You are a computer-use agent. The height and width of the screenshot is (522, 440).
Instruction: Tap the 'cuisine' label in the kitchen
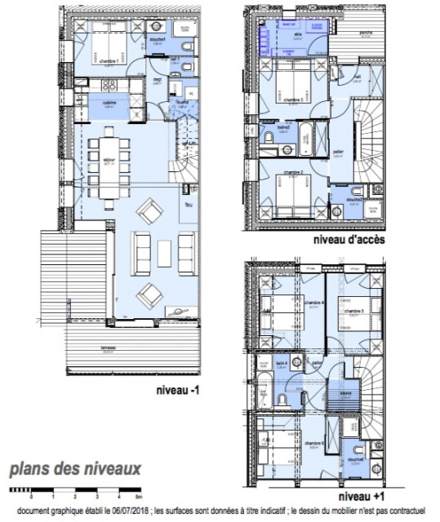click(108, 103)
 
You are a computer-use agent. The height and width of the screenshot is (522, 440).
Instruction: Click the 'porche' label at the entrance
click(366, 33)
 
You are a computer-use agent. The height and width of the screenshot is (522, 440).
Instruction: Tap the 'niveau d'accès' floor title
click(349, 241)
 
